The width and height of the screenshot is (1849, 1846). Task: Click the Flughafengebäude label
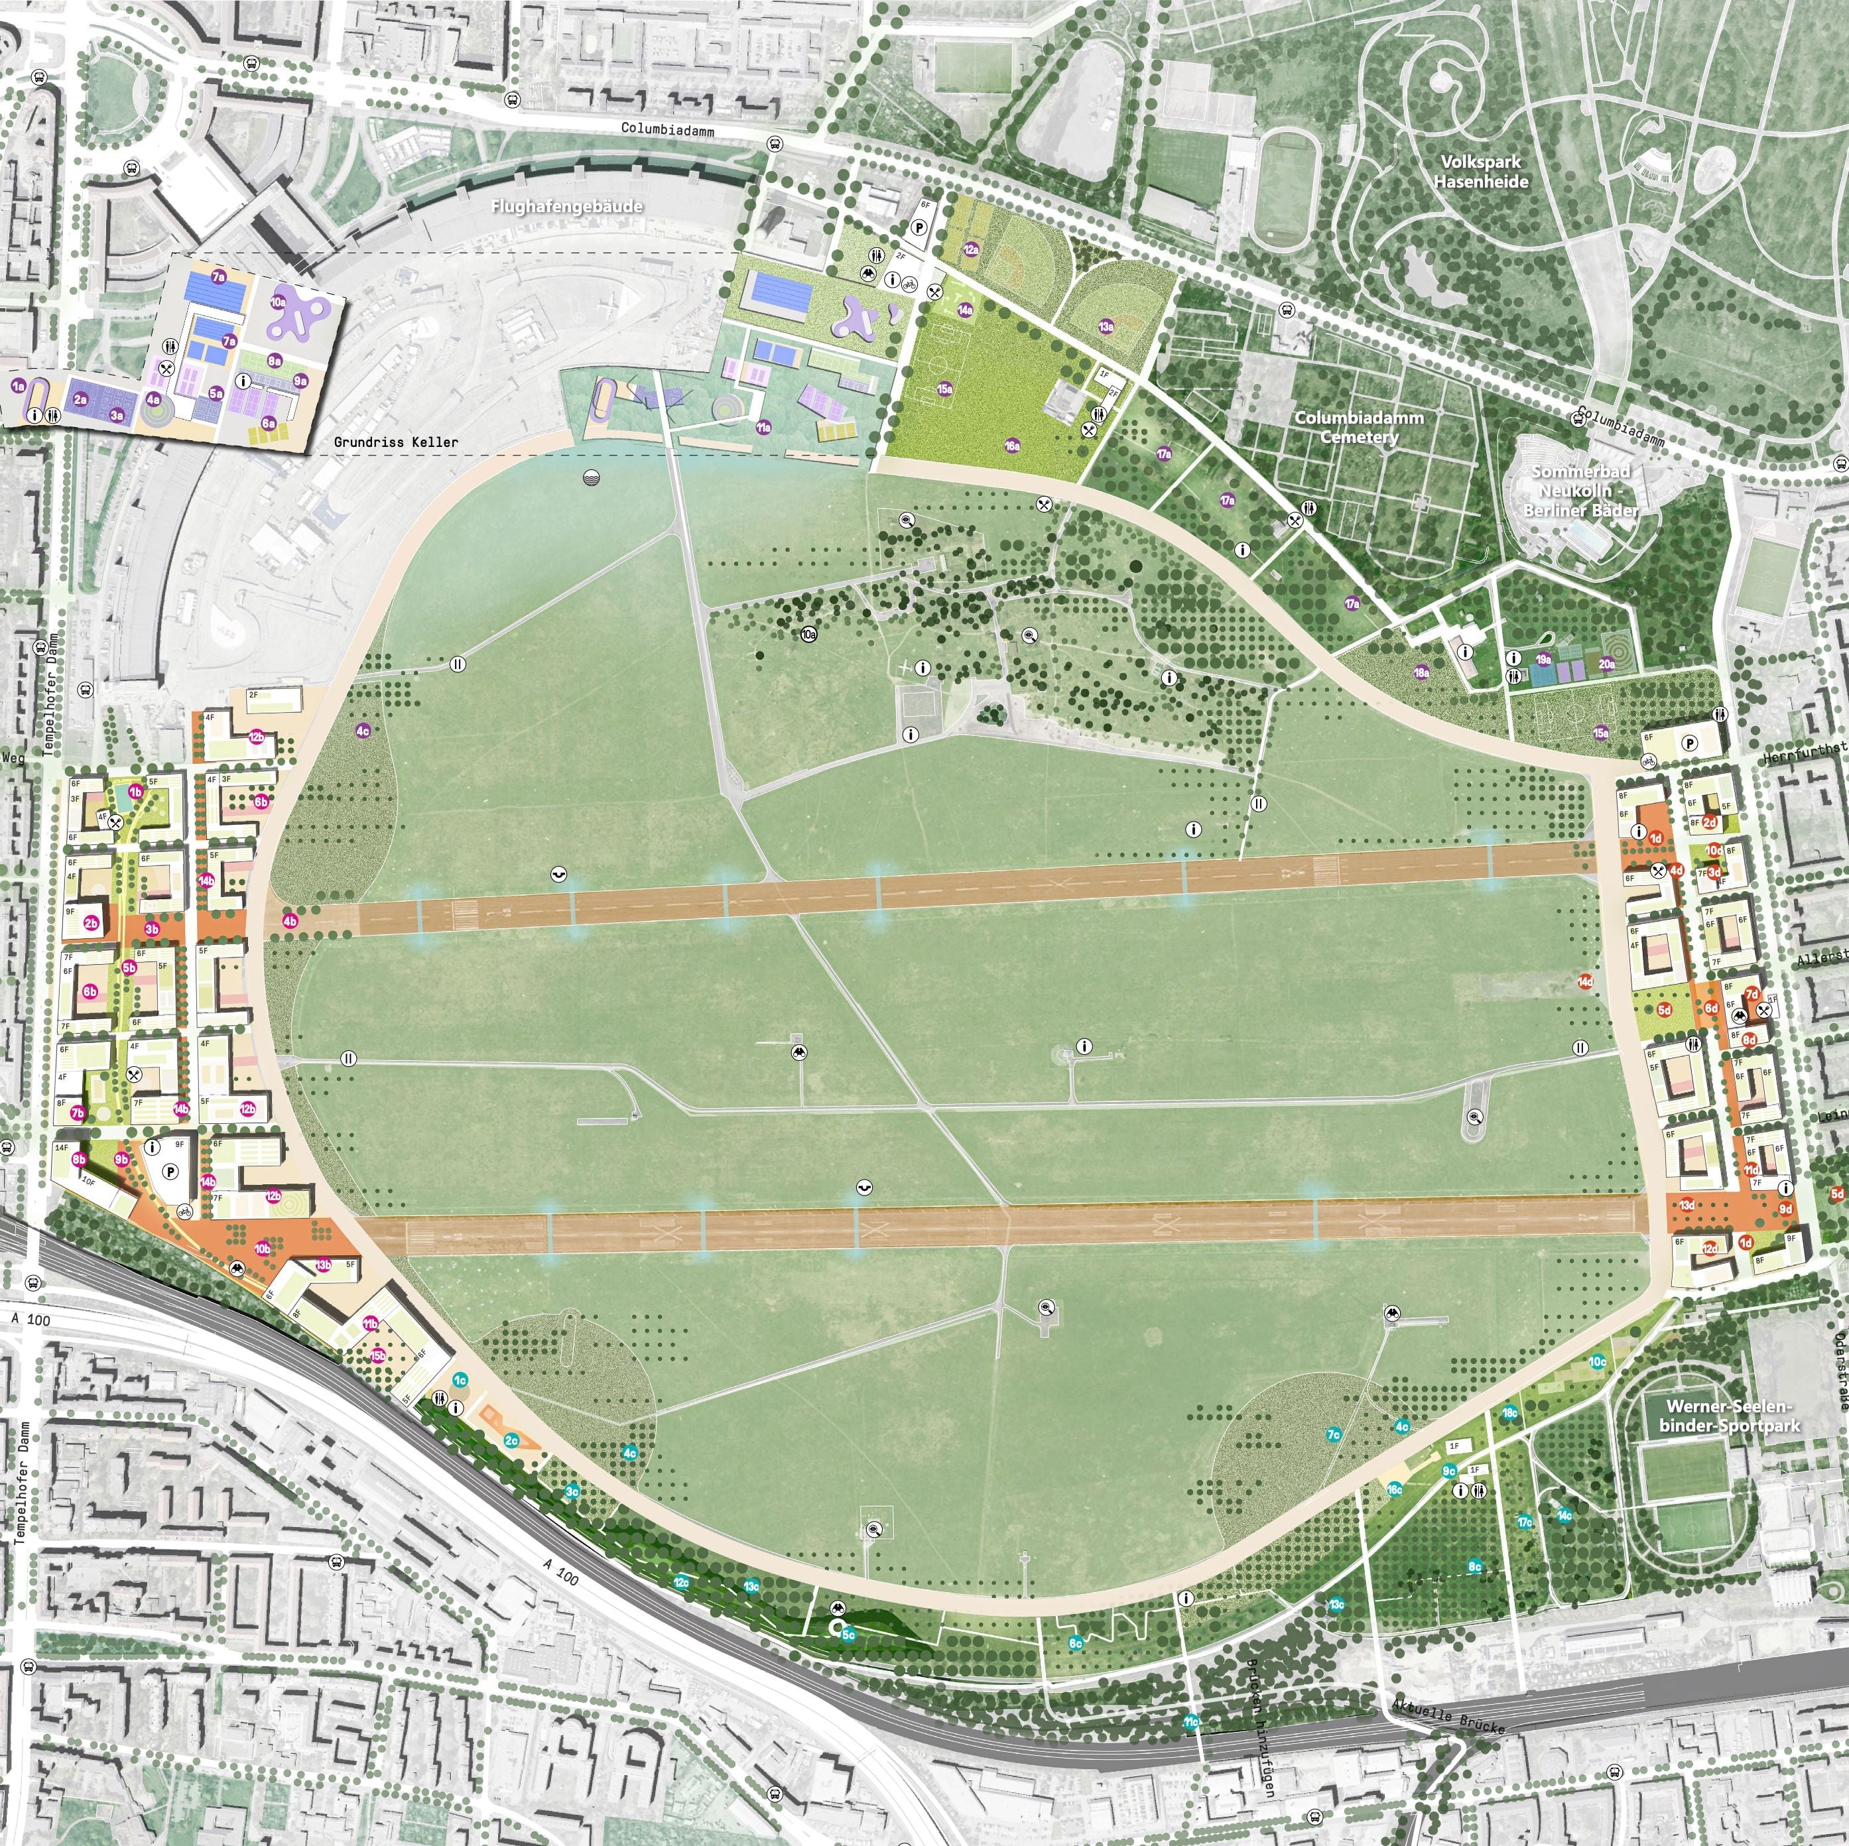pyautogui.click(x=566, y=206)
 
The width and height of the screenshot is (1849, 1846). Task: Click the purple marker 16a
pyautogui.click(x=1011, y=445)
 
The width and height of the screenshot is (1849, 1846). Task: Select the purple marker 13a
pyautogui.click(x=1106, y=326)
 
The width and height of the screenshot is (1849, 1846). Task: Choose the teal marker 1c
pyautogui.click(x=460, y=1380)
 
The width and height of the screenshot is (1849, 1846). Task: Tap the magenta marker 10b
pyautogui.click(x=262, y=1249)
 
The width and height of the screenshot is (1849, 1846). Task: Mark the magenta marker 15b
pyautogui.click(x=378, y=1355)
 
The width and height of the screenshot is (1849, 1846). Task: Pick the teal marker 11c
pyautogui.click(x=1190, y=1721)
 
